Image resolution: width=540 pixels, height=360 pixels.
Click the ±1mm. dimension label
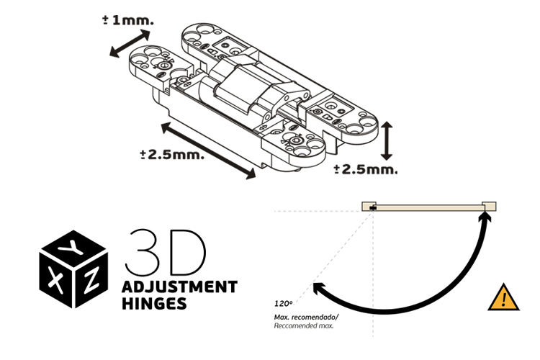[127, 20]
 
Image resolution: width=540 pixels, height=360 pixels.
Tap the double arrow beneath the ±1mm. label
[130, 43]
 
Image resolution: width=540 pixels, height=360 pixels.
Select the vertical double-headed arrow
[387, 141]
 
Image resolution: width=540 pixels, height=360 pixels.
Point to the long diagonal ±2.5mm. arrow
[208, 151]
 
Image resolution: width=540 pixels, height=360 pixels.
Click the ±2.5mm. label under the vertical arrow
[366, 169]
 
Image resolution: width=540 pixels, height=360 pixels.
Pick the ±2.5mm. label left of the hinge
[172, 155]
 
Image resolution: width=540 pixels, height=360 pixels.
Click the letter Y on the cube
[71, 247]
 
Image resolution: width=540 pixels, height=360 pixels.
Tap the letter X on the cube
[55, 281]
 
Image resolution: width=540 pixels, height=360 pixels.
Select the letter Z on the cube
[91, 280]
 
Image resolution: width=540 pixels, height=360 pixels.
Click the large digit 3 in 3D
[142, 253]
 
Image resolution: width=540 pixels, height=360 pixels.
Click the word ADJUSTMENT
[179, 287]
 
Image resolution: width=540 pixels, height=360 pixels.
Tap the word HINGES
[154, 304]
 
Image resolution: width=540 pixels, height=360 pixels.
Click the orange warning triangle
[503, 297]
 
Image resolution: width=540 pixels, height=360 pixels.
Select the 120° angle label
[283, 304]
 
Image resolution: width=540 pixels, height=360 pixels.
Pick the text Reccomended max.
[304, 326]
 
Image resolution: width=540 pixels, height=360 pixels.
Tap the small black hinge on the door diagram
[372, 208]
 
